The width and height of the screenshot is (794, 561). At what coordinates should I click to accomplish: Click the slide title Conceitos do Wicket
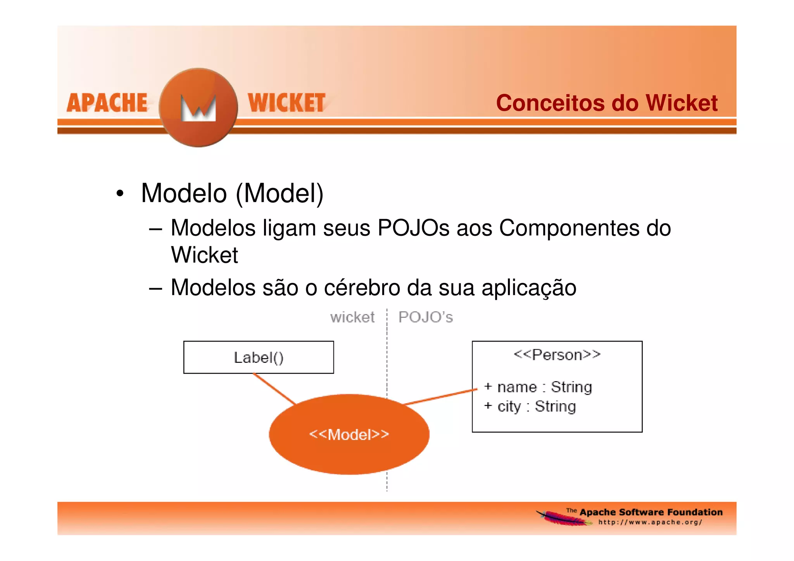coord(606,103)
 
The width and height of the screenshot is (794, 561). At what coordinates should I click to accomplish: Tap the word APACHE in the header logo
coord(107,103)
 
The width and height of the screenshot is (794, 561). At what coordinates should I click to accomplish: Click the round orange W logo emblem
coord(198,107)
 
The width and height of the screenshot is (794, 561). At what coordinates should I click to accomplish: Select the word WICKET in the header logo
coord(287,103)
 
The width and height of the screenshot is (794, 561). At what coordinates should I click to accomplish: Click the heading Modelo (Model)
coord(232,193)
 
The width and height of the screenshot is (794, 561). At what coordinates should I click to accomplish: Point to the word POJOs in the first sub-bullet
coord(413,228)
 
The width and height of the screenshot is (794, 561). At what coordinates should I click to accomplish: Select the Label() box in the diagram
coord(259,357)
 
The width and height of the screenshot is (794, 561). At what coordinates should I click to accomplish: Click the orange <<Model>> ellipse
coord(349,434)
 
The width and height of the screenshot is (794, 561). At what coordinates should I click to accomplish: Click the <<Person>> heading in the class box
coord(557,355)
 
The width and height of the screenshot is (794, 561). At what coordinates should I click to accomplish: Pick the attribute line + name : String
coord(538,387)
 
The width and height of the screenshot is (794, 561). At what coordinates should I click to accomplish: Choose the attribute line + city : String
coord(530,406)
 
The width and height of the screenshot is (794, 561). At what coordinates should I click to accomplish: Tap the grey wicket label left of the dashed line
coord(352,318)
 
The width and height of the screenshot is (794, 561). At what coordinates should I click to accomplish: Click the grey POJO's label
coord(425,318)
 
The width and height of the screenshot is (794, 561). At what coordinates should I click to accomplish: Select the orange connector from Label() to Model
coord(274,388)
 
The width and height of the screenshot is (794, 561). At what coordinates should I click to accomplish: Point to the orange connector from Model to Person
coord(440,397)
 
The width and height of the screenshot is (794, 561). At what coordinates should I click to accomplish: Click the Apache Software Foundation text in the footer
coord(651,512)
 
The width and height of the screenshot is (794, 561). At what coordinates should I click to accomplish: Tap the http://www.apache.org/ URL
coord(650,522)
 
